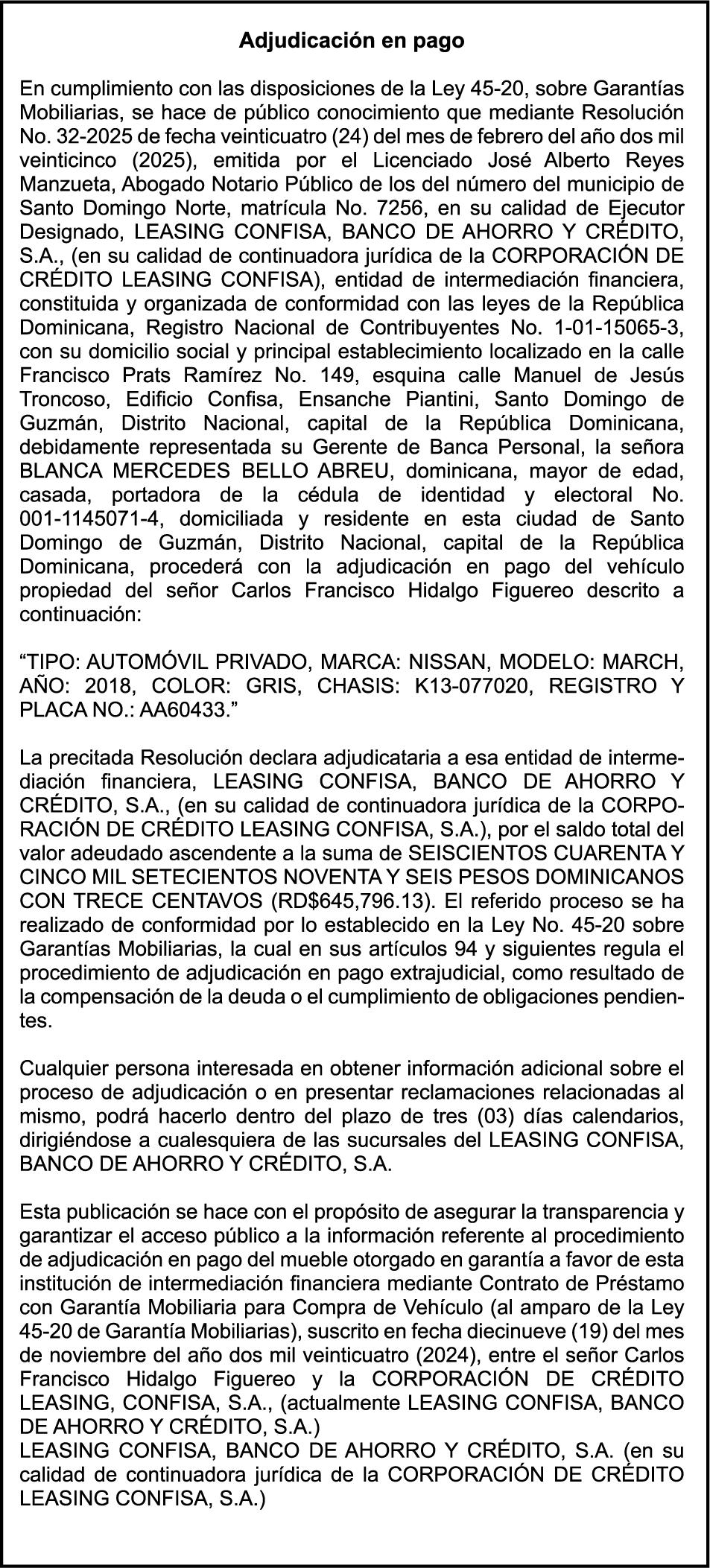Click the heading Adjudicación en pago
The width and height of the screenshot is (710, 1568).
[351, 41]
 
